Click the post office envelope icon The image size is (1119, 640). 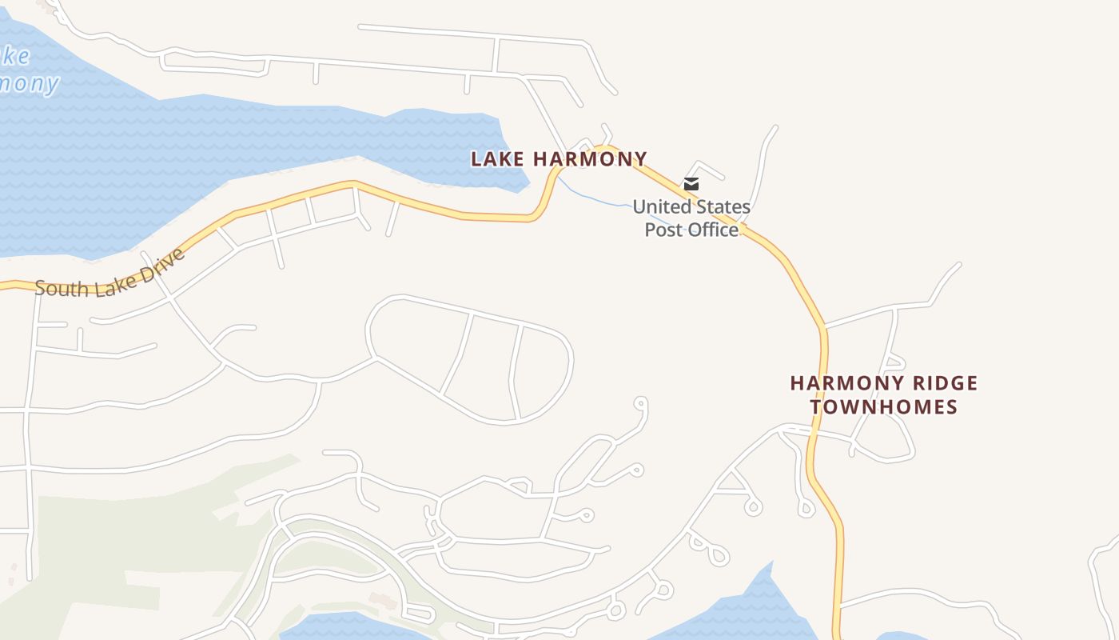coord(691,184)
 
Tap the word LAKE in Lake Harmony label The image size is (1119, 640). coord(497,159)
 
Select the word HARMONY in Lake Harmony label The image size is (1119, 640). coord(590,159)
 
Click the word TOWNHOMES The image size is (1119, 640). coord(884,406)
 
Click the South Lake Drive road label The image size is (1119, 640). coord(110,275)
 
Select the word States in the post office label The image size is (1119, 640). coord(723,207)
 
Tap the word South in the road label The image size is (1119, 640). coord(59,287)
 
